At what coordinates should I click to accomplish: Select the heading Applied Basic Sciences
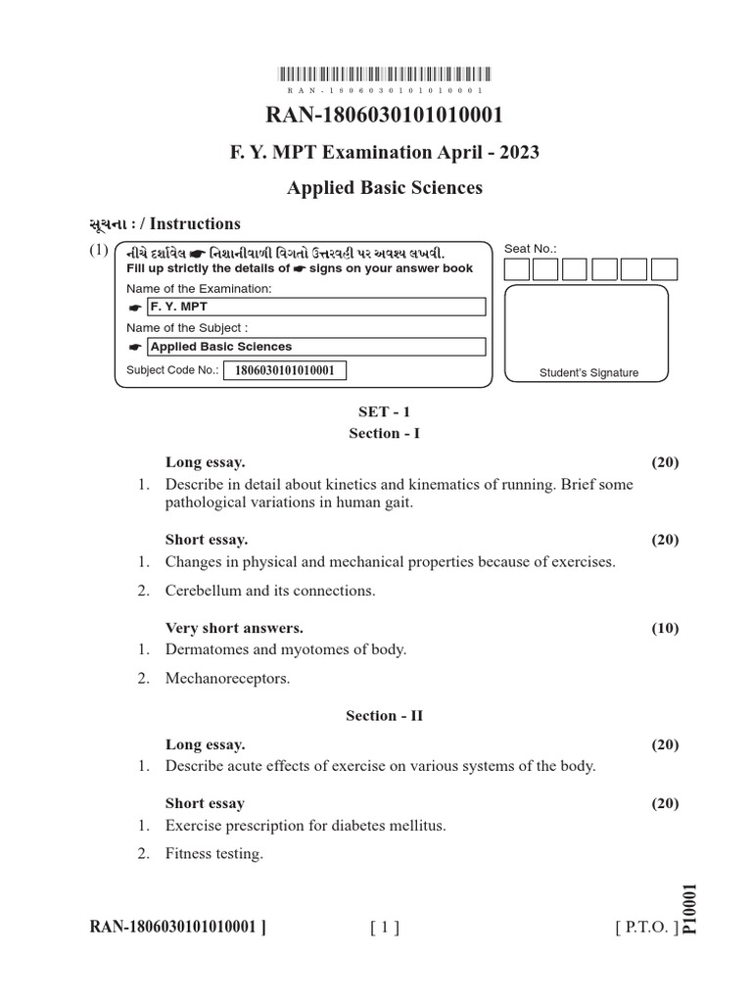pyautogui.click(x=385, y=187)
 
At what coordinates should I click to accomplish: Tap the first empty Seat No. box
pyautogui.click(x=517, y=269)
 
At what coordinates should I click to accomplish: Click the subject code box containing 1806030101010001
pyautogui.click(x=285, y=370)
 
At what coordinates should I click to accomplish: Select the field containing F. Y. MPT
pyautogui.click(x=315, y=308)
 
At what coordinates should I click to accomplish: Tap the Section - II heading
pyautogui.click(x=385, y=716)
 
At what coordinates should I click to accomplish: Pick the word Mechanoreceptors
pyautogui.click(x=227, y=678)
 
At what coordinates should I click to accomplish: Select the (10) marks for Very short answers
pyautogui.click(x=665, y=629)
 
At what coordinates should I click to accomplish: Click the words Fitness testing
pyautogui.click(x=214, y=854)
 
